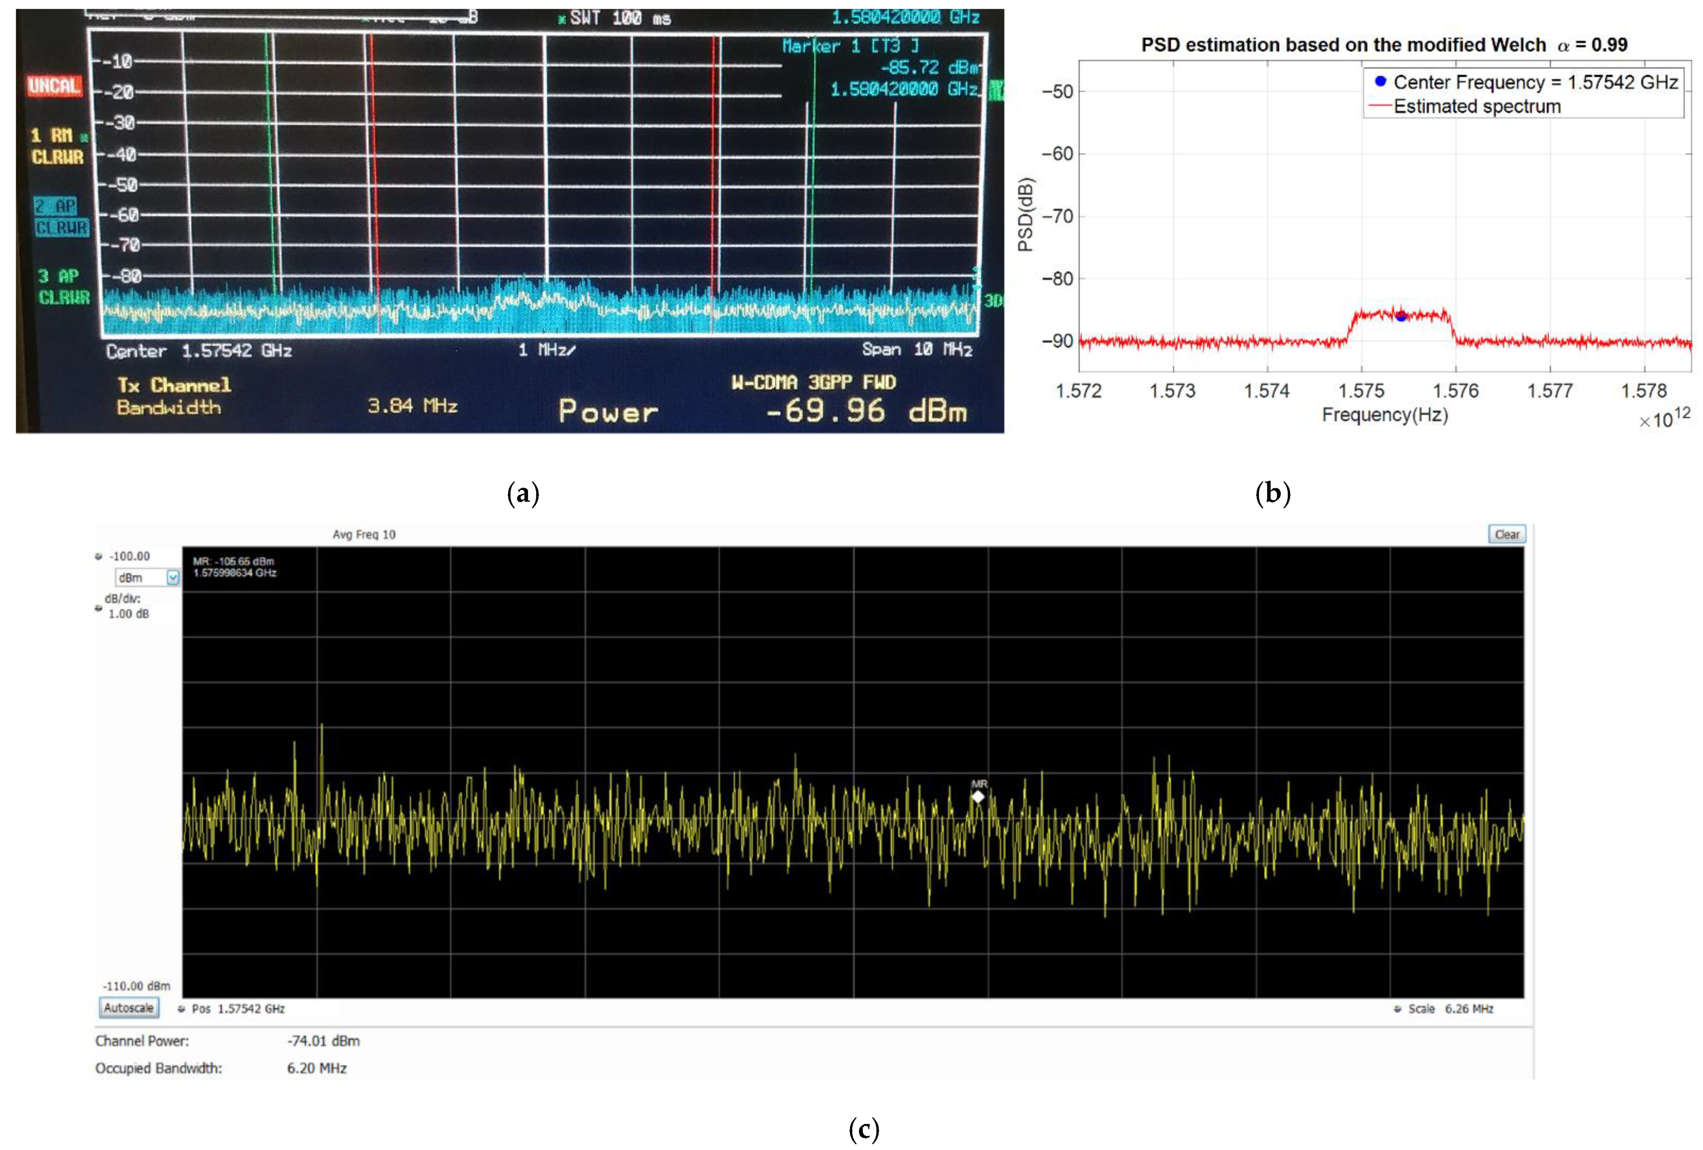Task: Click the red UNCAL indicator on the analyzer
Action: [x=53, y=86]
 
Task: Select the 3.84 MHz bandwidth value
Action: [x=412, y=406]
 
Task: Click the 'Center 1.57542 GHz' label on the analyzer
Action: [x=199, y=351]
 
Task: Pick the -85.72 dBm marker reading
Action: [x=929, y=68]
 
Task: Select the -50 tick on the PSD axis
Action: [x=1057, y=92]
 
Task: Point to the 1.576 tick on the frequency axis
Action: [x=1455, y=391]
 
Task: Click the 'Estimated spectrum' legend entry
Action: [x=1476, y=107]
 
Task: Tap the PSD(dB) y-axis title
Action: [x=1026, y=215]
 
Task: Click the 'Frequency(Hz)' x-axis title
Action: [x=1384, y=415]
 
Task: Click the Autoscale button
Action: [x=129, y=1008]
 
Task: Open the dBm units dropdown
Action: [x=172, y=578]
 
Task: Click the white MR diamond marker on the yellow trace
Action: [x=978, y=796]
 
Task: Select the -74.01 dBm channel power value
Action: [x=323, y=1041]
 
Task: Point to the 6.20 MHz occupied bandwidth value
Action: [x=317, y=1068]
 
